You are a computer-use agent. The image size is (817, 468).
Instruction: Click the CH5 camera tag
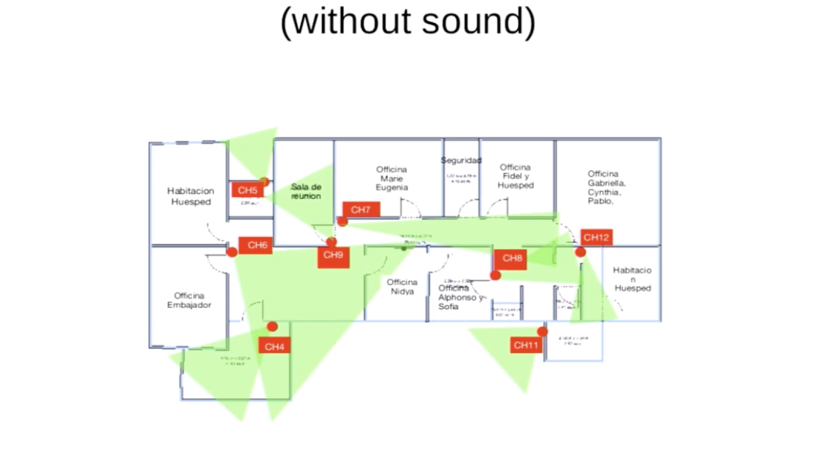point(247,190)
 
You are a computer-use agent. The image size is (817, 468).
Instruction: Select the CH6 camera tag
point(256,245)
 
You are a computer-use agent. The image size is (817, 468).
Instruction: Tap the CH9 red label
point(333,256)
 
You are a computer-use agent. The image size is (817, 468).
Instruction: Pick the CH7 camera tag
point(361,210)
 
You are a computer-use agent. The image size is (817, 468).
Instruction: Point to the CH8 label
point(512,259)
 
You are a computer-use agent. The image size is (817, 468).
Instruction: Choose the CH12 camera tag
point(596,238)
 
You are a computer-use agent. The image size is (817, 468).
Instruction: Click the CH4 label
point(274,346)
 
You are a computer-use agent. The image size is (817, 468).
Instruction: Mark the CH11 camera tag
point(527,345)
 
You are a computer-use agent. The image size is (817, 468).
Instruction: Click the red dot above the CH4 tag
point(273,327)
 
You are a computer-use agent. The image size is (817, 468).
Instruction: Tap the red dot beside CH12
point(580,253)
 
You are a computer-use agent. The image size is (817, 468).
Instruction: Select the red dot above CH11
point(542,331)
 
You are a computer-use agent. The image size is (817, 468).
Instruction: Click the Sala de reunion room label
point(305,191)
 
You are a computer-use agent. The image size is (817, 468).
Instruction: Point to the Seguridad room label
point(461,160)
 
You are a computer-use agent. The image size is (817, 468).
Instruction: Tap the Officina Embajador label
point(189,300)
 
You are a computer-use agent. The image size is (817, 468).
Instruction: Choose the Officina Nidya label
point(402,287)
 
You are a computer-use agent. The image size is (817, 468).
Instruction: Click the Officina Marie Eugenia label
point(391,178)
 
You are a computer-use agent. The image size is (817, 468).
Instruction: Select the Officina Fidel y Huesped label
point(515,177)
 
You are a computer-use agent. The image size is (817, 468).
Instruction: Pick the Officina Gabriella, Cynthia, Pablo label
point(606,187)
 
